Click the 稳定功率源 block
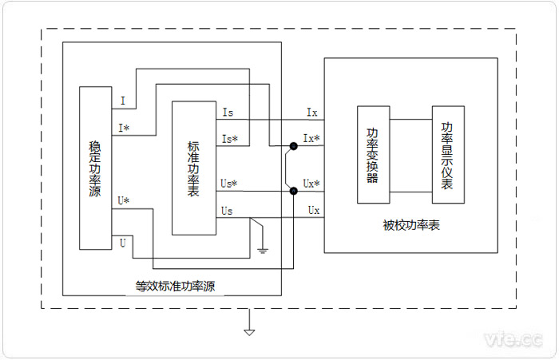point(95,168)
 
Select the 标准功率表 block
point(193,168)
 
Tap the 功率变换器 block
point(372,155)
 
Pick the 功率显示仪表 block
point(447,155)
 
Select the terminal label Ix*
point(311,139)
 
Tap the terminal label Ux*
point(311,184)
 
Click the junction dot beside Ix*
point(294,147)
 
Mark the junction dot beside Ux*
point(294,192)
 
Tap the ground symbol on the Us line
point(263,250)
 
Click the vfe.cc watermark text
point(514,341)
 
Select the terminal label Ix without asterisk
point(311,113)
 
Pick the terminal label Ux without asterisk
point(314,210)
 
